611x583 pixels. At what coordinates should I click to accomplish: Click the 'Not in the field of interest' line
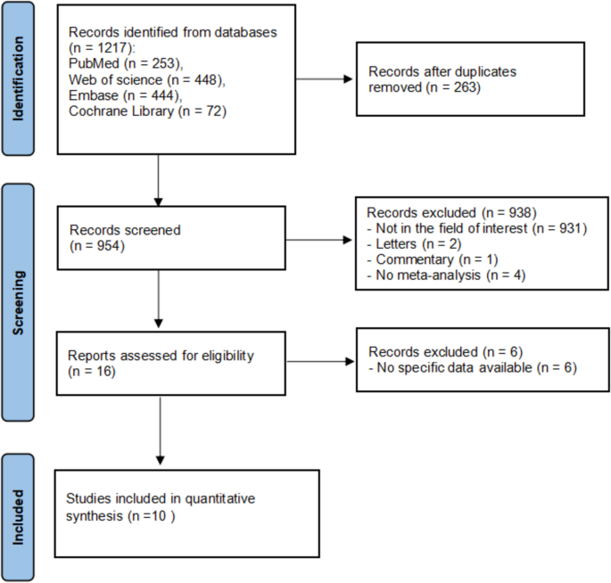tap(475, 228)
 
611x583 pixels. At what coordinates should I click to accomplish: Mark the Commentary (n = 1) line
tap(433, 260)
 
